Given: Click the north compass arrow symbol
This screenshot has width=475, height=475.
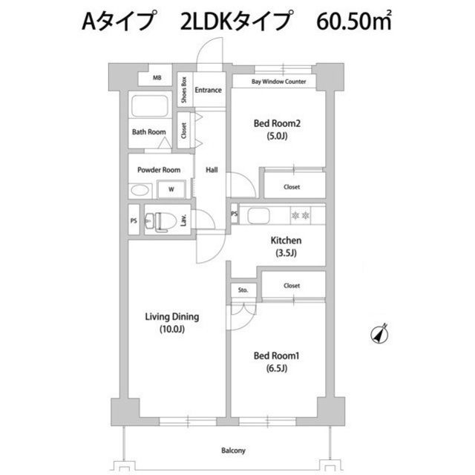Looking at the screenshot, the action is click(379, 334).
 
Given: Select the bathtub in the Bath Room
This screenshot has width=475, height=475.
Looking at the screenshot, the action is click(150, 106).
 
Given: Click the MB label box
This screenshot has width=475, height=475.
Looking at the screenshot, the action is click(157, 78).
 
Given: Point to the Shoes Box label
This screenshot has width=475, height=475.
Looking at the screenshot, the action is click(184, 90).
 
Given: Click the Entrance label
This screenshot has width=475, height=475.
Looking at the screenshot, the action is click(208, 90).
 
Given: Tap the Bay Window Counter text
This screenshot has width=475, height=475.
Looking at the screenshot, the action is click(279, 82).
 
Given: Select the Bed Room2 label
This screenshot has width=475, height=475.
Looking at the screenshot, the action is click(277, 123).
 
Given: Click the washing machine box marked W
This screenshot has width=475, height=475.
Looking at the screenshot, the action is click(171, 189).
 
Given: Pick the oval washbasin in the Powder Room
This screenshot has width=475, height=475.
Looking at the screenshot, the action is click(140, 191).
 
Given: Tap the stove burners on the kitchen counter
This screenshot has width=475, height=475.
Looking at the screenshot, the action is click(301, 215).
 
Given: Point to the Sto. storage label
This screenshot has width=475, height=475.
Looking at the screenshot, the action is click(243, 290).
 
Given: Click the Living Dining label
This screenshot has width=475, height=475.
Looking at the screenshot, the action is click(172, 317).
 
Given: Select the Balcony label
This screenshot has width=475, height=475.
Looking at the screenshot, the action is click(233, 451).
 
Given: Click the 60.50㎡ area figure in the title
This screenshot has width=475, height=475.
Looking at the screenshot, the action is click(354, 21).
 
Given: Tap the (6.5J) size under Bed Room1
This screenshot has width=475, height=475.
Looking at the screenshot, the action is click(277, 368).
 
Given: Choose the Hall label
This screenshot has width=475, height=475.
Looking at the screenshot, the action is click(212, 170).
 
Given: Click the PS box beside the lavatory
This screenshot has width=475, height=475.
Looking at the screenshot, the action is click(134, 220).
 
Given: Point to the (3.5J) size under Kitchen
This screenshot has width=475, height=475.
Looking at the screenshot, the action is click(286, 252).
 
